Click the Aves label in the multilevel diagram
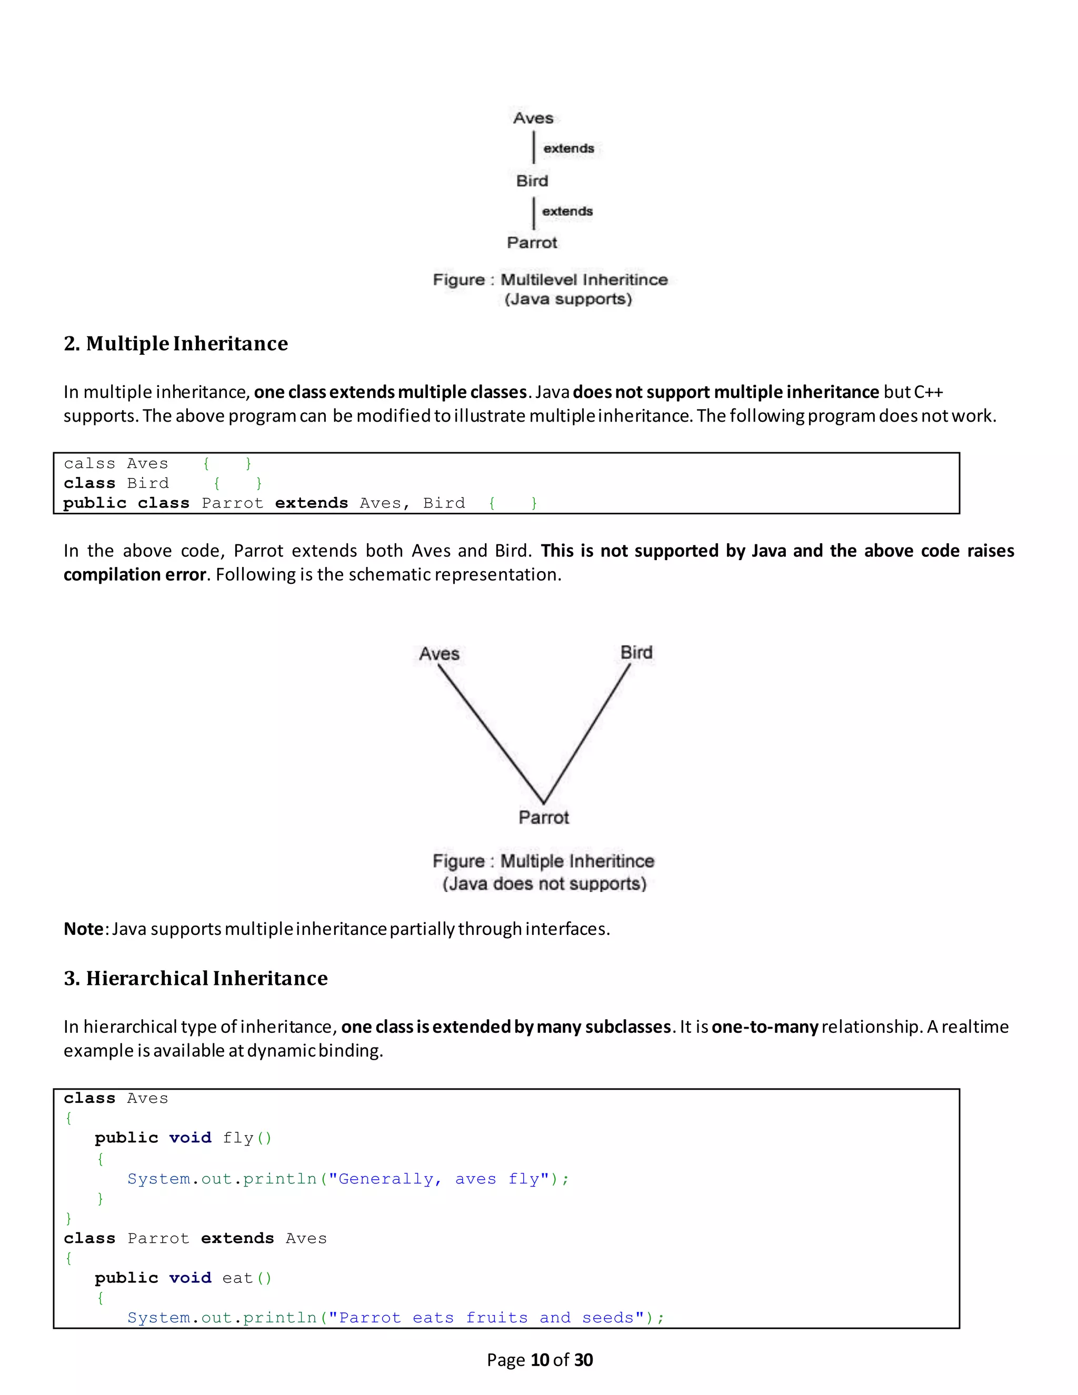[x=533, y=118]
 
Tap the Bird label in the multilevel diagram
[x=532, y=181]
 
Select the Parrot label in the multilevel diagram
[x=532, y=243]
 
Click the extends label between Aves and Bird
[x=568, y=148]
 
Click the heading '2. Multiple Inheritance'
[x=176, y=344]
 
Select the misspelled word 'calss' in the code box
[x=89, y=464]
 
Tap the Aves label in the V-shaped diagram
[x=440, y=654]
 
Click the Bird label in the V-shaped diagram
[x=636, y=653]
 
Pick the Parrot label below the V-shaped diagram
[x=543, y=818]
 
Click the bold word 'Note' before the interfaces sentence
[x=83, y=929]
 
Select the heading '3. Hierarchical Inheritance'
[x=195, y=979]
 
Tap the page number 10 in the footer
[x=540, y=1360]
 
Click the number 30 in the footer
[x=583, y=1360]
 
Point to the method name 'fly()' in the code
[x=247, y=1138]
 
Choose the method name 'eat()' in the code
[x=247, y=1278]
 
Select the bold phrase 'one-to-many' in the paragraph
[x=764, y=1027]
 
